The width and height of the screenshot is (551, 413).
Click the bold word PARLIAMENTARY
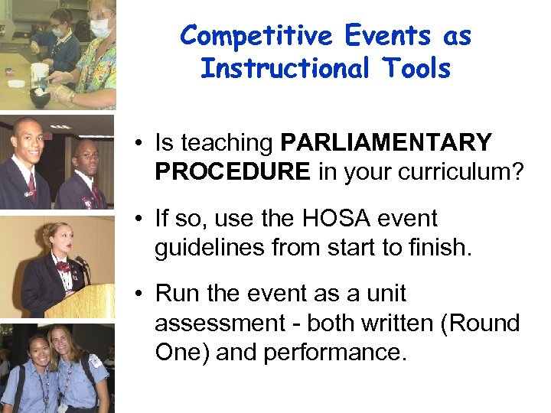tap(386, 143)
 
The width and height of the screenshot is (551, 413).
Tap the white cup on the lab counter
tap(38, 73)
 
